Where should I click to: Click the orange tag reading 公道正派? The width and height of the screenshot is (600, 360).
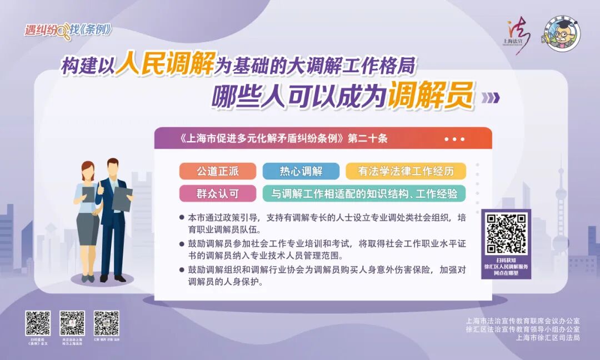[218, 171]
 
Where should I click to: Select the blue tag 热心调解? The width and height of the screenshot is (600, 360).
[301, 171]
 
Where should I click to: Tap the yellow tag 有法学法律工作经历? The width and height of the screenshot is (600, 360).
[406, 171]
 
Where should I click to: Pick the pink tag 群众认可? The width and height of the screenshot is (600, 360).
[218, 193]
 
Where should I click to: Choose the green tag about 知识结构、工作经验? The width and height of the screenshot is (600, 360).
[364, 193]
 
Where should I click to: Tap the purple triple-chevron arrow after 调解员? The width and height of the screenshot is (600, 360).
[490, 98]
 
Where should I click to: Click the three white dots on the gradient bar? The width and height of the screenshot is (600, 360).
[454, 139]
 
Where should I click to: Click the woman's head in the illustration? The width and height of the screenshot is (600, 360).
[88, 170]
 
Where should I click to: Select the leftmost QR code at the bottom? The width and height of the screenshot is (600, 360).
[38, 323]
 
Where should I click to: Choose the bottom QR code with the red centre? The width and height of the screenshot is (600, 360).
[72, 323]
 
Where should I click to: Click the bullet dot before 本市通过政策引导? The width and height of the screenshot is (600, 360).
[182, 217]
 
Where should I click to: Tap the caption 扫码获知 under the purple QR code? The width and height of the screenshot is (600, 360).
[506, 260]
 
